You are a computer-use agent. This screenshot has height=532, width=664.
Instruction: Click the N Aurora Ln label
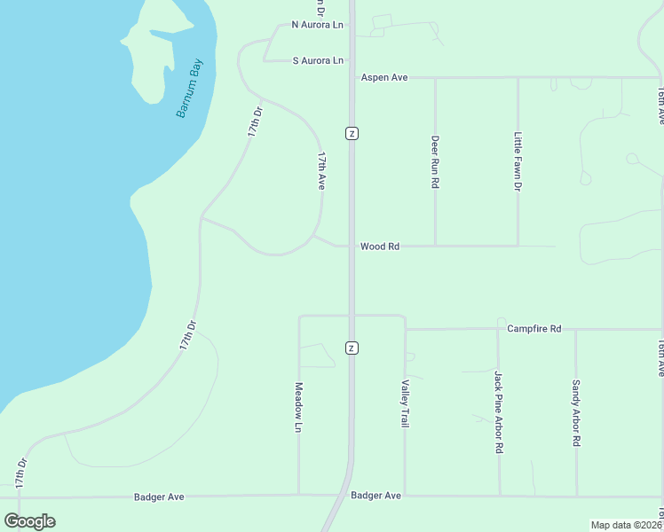pyautogui.click(x=317, y=25)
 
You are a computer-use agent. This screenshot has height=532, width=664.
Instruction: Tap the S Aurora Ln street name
pyautogui.click(x=318, y=60)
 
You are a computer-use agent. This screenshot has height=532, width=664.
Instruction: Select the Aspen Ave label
pyautogui.click(x=383, y=78)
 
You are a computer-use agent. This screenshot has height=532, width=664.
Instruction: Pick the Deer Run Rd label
pyautogui.click(x=435, y=161)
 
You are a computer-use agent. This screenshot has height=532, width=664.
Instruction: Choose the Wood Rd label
pyautogui.click(x=380, y=246)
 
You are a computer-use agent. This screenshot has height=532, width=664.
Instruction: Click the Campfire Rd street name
pyautogui.click(x=534, y=329)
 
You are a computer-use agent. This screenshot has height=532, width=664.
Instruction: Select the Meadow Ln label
pyautogui.click(x=299, y=407)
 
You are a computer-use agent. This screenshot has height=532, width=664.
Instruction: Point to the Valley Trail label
pyautogui.click(x=406, y=403)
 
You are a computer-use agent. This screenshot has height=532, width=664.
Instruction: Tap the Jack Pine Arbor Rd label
pyautogui.click(x=499, y=412)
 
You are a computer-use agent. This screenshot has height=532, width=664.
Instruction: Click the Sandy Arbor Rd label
pyautogui.click(x=576, y=412)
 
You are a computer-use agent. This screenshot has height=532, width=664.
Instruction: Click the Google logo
pyautogui.click(x=30, y=521)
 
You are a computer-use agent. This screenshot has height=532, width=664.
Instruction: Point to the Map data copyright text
pyautogui.click(x=627, y=525)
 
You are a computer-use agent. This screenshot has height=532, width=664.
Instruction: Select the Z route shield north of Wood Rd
pyautogui.click(x=352, y=133)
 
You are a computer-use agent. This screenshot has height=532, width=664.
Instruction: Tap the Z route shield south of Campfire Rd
pyautogui.click(x=352, y=346)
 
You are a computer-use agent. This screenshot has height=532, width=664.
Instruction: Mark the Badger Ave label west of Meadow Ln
pyautogui.click(x=159, y=497)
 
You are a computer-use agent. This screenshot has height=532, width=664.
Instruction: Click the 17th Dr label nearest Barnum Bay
pyautogui.click(x=255, y=121)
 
